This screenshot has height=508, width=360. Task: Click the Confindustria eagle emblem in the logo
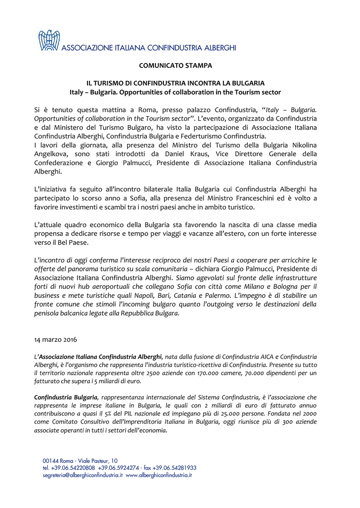(49, 40)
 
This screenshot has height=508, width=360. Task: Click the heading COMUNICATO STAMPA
(175, 65)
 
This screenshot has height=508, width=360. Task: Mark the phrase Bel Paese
(75, 242)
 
